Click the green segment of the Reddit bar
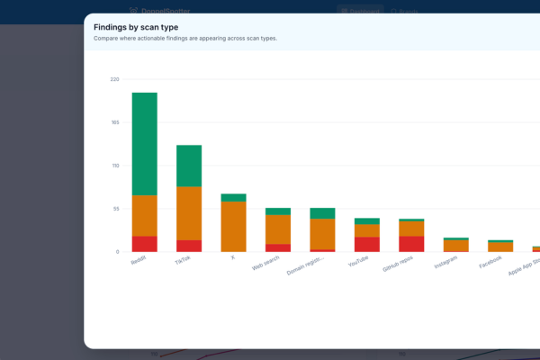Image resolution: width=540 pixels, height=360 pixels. (144, 144)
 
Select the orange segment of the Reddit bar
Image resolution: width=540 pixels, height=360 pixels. (144, 216)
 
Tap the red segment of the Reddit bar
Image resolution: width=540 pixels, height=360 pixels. (144, 244)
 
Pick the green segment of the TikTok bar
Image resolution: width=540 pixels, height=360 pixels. (189, 166)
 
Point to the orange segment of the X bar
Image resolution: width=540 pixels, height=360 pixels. (233, 226)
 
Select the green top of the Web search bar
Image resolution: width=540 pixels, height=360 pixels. (277, 211)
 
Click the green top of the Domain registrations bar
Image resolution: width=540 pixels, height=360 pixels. (322, 213)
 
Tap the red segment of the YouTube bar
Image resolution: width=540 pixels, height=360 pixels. (366, 244)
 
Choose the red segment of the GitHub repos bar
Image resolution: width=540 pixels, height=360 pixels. (411, 244)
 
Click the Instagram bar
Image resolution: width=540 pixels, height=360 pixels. (455, 246)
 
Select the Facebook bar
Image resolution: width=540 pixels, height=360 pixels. (500, 247)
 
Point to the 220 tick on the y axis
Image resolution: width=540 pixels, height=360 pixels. (114, 79)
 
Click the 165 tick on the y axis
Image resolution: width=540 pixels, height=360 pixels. (114, 122)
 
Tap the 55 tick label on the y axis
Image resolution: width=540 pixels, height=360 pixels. (114, 209)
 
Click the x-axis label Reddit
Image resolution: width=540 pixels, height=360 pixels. (139, 259)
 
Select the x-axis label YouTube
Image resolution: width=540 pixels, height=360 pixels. (358, 262)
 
